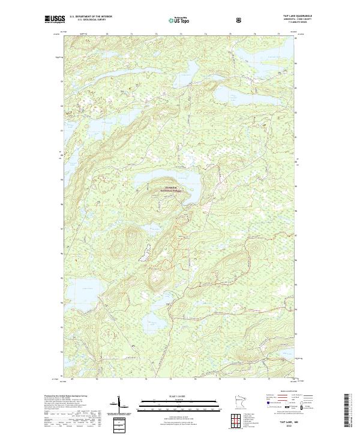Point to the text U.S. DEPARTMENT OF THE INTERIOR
[90, 16]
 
